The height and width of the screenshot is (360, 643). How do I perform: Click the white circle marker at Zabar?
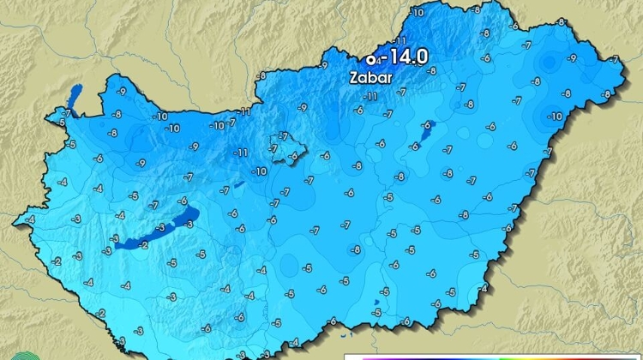[x=370, y=60]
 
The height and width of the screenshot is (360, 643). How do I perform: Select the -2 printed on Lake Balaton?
[x=143, y=244]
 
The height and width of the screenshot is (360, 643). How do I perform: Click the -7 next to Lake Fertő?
[x=67, y=112]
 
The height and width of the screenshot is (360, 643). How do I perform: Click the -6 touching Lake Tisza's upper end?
[x=426, y=125]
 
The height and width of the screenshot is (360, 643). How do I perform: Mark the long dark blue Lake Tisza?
[x=428, y=131]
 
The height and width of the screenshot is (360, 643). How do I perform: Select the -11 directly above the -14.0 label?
[x=400, y=41]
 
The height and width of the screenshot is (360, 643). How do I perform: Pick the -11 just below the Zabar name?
[x=371, y=97]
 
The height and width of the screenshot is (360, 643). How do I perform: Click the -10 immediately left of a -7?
[x=218, y=125]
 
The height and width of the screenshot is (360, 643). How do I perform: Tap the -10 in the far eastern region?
[x=556, y=116]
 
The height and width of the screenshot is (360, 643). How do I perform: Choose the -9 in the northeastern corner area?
[x=573, y=57]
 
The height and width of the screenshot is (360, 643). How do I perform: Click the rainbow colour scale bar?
[x=493, y=357]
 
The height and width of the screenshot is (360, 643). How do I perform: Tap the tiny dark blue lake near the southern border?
[x=375, y=302]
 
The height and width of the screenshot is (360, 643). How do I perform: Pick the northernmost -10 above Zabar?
[x=418, y=12]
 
